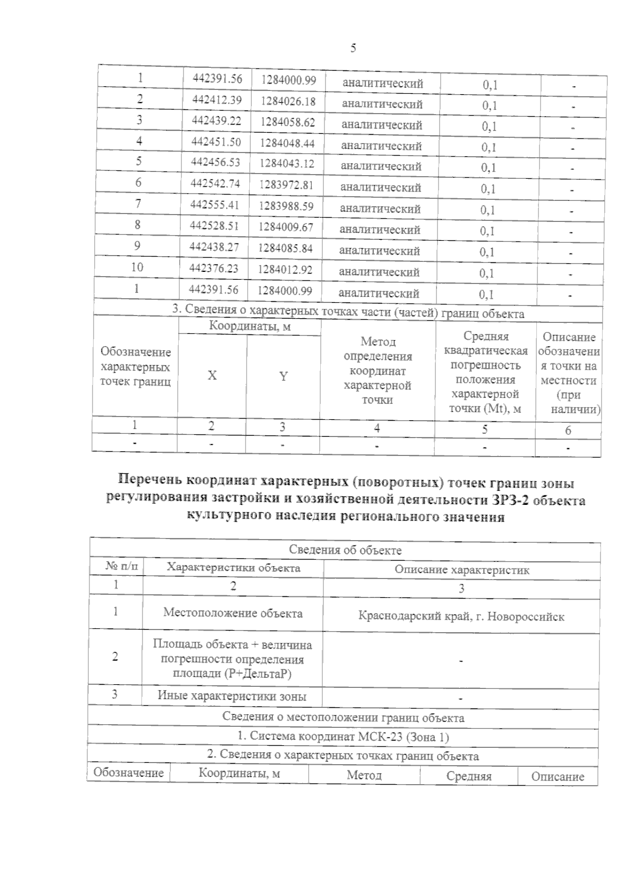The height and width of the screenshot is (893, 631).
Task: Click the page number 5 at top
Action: coord(353,48)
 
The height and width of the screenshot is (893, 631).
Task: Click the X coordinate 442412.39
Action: coord(217,99)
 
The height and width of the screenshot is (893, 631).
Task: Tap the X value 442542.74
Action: coord(215,183)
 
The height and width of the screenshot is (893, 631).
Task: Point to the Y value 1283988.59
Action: coord(286,206)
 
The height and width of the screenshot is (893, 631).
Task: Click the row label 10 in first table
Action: coord(137,267)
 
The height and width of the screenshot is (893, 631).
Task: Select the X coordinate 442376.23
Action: coord(213,269)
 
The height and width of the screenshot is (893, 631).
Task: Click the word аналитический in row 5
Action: coord(381,167)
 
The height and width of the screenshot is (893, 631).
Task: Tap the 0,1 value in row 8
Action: coord(487,231)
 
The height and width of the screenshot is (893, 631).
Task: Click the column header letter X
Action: coord(212,376)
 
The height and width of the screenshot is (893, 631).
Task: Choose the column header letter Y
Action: coord(283,376)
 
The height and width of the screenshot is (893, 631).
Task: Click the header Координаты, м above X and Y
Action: coord(250,327)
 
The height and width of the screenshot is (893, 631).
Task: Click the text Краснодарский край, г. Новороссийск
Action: coord(461,616)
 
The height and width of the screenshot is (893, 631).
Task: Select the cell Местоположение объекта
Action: coord(233,613)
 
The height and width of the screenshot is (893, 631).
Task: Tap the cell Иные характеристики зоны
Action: coord(232,696)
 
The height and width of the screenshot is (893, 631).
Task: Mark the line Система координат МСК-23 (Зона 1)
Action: coord(343,736)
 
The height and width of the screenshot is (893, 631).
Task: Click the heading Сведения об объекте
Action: coord(345,550)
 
